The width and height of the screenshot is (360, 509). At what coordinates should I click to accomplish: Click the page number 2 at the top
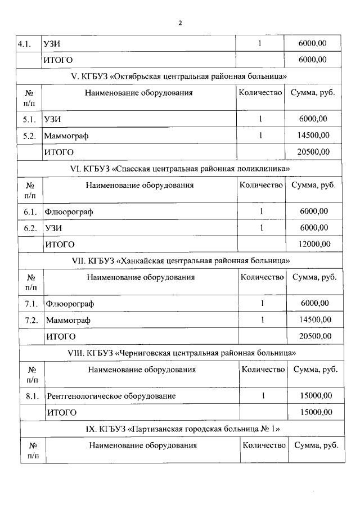click(180, 23)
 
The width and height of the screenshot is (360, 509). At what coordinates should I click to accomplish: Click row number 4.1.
click(28, 43)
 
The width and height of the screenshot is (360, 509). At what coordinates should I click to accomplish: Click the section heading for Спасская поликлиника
click(179, 168)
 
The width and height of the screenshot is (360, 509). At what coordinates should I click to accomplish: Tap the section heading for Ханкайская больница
click(181, 260)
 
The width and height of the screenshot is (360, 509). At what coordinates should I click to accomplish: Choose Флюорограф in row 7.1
click(70, 304)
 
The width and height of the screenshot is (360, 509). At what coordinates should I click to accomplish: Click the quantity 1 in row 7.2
click(262, 320)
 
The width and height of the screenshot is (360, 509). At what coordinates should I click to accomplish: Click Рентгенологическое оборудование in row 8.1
click(111, 396)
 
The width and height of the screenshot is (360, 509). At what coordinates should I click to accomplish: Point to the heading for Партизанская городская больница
click(182, 429)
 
